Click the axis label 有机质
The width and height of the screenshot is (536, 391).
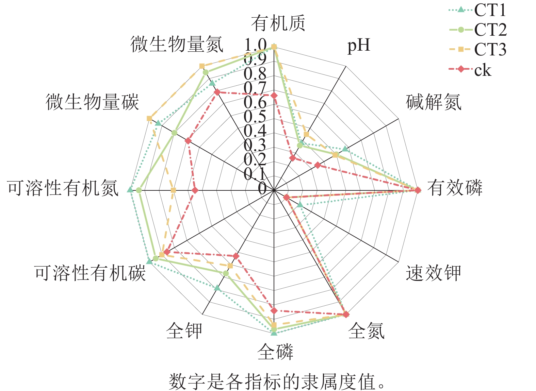(x=278, y=23)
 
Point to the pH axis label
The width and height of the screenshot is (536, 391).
(x=358, y=45)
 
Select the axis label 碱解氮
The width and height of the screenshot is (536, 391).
(x=434, y=102)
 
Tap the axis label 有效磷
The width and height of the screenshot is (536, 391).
(x=455, y=188)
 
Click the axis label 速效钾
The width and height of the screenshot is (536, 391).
(x=433, y=273)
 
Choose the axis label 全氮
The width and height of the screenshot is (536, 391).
(x=367, y=330)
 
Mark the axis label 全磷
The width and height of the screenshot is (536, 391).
(x=275, y=352)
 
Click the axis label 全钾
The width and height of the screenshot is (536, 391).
(x=184, y=330)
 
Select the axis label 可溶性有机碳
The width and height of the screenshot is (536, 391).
(x=90, y=273)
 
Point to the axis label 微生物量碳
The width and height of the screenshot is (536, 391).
(x=92, y=102)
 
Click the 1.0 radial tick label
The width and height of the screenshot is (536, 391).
(x=255, y=45)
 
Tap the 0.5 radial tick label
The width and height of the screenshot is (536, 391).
(x=255, y=116)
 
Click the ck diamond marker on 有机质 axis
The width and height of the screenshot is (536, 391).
(x=274, y=96)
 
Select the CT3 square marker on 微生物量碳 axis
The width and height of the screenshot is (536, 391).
(x=149, y=118)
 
